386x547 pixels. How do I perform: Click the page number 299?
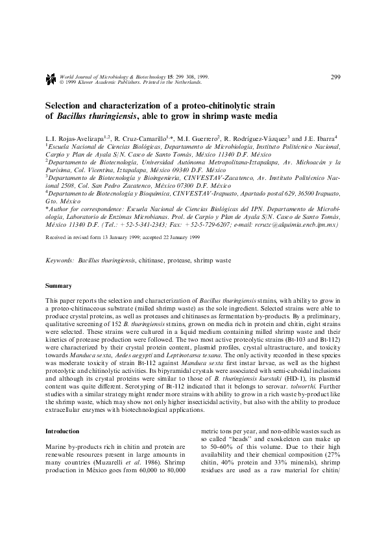tap(335, 78)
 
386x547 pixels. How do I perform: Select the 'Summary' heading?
tap(58, 286)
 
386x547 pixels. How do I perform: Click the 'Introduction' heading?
tap(62, 431)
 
